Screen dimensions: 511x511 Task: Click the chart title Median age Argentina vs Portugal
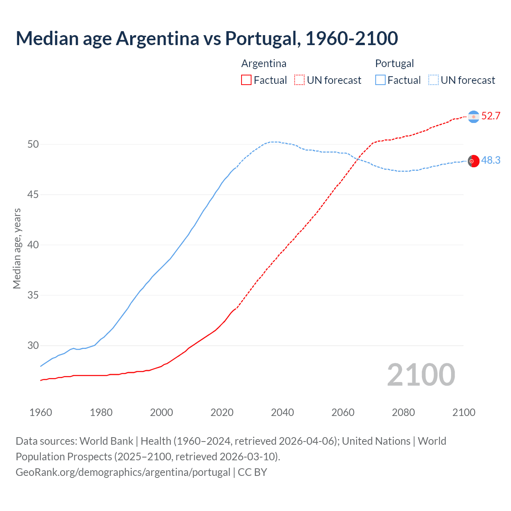tap(207, 38)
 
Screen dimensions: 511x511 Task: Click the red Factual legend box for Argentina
tap(246, 80)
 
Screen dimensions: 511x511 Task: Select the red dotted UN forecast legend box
tap(299, 80)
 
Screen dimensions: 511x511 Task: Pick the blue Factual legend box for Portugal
tap(380, 80)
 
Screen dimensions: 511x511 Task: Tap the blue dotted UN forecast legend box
tap(433, 80)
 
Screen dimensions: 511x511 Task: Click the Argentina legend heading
tap(264, 63)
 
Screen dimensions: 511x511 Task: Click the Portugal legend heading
tap(394, 63)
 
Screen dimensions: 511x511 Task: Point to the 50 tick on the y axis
tap(33, 144)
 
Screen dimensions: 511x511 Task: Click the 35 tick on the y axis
tap(33, 295)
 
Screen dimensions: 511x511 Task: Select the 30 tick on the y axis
tap(33, 345)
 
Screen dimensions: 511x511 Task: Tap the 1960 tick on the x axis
tap(41, 412)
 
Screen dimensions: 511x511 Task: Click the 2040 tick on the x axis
tap(282, 412)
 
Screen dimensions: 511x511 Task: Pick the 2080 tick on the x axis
tap(403, 412)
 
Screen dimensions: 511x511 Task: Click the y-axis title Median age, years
tap(17, 248)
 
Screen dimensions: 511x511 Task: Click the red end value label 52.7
tap(491, 116)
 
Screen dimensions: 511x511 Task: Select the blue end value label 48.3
tap(491, 160)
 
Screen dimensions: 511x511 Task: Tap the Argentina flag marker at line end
tap(473, 117)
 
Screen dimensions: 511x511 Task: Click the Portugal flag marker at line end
tap(473, 161)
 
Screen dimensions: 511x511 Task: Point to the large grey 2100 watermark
tap(421, 374)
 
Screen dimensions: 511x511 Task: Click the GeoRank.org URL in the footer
tap(123, 472)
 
